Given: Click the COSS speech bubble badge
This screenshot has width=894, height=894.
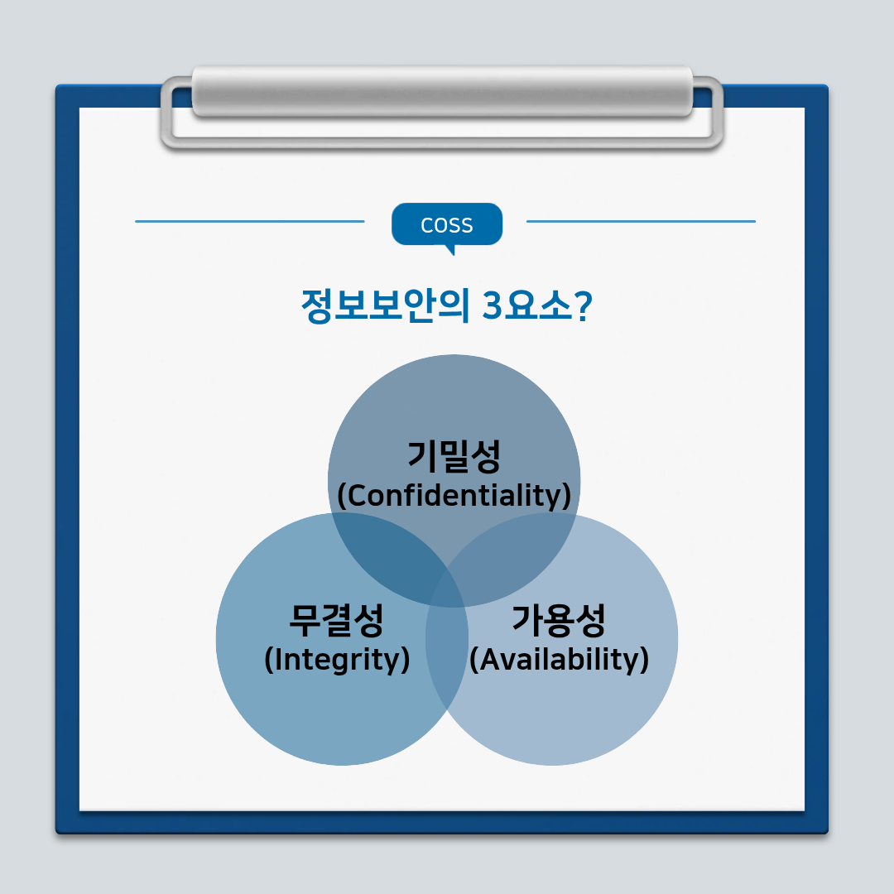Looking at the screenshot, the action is [447, 224].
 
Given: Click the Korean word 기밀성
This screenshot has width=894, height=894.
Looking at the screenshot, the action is [454, 456].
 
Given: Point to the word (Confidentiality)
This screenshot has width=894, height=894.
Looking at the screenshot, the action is [454, 496].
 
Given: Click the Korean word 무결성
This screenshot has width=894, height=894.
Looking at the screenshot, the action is [336, 620].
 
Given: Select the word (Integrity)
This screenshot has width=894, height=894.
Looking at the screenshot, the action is [337, 660].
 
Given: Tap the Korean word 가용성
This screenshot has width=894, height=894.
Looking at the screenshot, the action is [559, 620].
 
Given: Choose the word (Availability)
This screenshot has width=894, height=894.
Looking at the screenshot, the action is [559, 660].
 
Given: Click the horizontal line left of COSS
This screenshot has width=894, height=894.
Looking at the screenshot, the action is [250, 221].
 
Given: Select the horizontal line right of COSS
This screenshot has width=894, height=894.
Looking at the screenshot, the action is [641, 221].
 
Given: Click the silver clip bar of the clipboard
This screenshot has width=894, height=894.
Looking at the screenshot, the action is [442, 91].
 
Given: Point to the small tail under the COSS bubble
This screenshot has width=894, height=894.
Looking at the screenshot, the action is [450, 250].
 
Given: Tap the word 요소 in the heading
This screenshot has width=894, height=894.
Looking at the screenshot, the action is [538, 305].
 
